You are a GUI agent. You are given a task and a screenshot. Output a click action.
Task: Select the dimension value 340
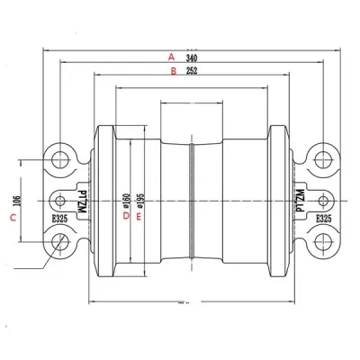coord(191,56)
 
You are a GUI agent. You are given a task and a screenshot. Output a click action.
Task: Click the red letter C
coord(13,218)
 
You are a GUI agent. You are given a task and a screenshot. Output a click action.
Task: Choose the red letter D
coord(125,215)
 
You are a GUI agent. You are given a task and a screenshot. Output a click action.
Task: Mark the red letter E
coord(138,216)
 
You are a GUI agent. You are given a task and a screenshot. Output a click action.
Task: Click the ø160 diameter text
coord(126,198)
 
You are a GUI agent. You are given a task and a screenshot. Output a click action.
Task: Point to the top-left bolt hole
coord(61,158)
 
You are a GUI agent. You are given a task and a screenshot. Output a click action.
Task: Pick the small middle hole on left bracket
coord(60,199)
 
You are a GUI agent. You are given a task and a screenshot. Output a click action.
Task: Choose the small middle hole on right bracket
coord(320,199)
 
